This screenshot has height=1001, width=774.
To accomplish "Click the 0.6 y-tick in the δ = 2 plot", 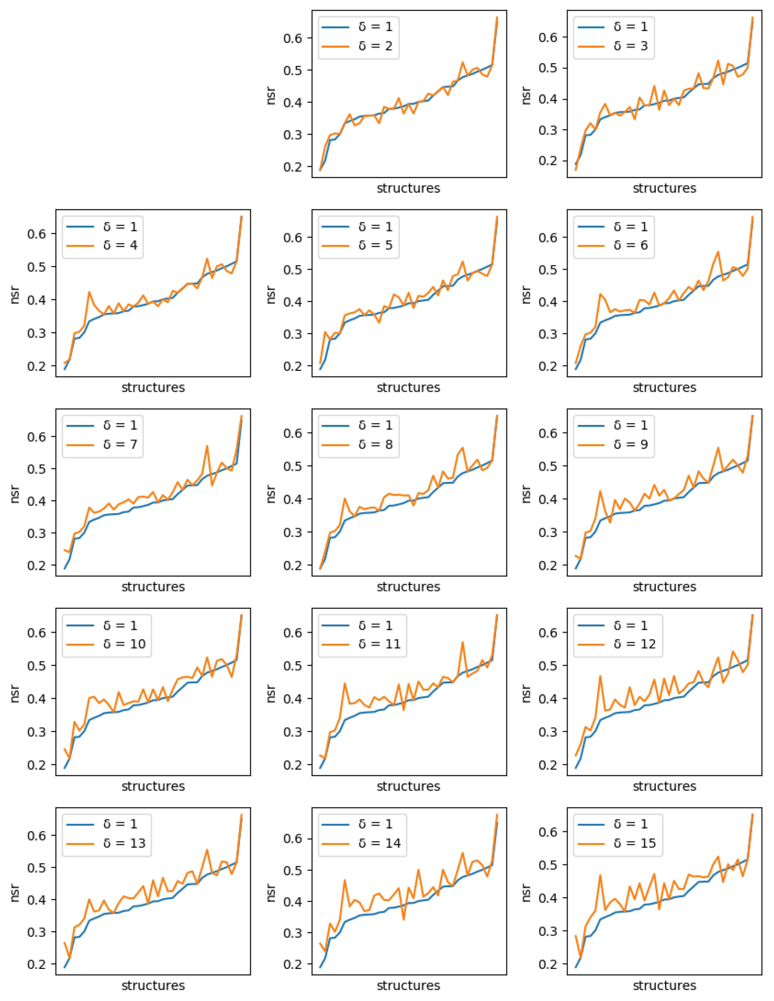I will [x=292, y=38].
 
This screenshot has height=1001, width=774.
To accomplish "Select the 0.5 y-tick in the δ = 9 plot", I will [x=548, y=466].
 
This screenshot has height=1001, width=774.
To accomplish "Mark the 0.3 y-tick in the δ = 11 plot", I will [x=292, y=732].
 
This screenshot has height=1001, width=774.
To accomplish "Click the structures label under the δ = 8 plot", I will [x=408, y=587].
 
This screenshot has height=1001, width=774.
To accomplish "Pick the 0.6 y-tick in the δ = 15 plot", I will [x=548, y=832].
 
